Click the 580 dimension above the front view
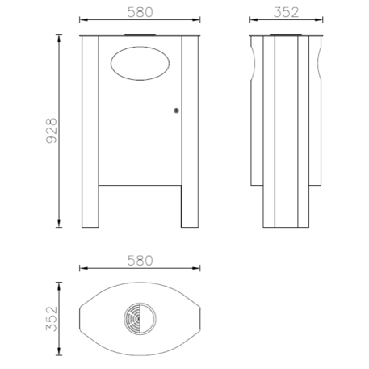[140, 12]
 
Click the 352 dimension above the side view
[287, 12]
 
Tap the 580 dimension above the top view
[140, 262]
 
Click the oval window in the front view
[140, 64]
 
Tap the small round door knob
[176, 111]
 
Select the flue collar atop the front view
[140, 35]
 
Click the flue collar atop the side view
[287, 35]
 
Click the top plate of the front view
[140, 38]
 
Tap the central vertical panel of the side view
[287, 129]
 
